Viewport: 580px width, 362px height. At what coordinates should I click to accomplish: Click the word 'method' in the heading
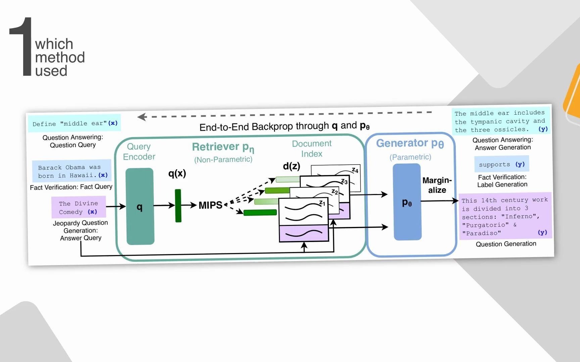click(60, 57)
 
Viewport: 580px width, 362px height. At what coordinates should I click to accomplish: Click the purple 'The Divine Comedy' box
click(78, 207)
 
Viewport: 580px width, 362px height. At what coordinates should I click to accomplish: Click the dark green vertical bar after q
click(178, 205)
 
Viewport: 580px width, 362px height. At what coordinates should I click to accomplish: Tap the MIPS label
click(210, 205)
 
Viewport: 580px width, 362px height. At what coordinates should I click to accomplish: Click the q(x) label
click(177, 173)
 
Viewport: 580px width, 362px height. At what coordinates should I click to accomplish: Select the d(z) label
click(291, 166)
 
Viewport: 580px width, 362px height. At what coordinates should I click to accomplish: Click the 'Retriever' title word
click(215, 146)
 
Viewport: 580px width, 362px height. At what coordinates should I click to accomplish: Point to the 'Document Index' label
click(311, 148)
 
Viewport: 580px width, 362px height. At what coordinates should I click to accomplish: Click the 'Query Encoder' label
click(139, 152)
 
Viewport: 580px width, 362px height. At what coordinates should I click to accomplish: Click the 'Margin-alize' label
click(437, 185)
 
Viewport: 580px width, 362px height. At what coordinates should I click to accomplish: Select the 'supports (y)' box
click(501, 164)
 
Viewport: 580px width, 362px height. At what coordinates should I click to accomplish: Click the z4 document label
click(355, 170)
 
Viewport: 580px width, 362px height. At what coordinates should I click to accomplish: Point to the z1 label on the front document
click(322, 203)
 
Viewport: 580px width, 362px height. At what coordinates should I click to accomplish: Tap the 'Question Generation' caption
click(506, 244)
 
